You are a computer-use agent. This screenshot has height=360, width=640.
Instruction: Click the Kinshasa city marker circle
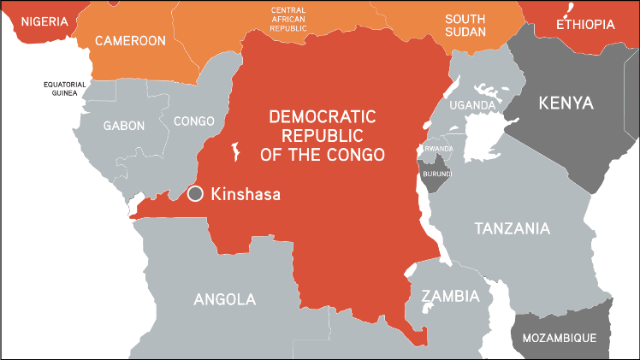196,194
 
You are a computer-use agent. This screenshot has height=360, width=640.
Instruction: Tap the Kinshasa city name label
246,194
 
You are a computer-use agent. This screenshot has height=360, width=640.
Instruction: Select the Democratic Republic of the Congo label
324,135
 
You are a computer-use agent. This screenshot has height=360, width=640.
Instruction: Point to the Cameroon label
130,40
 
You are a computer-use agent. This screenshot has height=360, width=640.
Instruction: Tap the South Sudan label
465,26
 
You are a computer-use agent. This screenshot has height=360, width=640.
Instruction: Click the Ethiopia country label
585,25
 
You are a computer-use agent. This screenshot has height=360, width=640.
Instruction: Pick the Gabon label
124,126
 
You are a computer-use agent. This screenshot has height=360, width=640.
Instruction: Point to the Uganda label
473,105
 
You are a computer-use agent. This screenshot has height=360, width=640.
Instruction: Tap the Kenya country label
565,103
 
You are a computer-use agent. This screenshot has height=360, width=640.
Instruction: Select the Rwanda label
437,147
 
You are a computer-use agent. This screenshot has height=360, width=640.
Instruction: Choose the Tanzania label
512,228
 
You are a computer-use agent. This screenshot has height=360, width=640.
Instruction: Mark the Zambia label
449,297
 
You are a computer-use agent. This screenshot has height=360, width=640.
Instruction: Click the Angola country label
224,299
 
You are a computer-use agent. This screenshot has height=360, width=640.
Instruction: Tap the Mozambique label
560,338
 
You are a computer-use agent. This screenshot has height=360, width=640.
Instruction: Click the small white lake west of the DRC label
234,152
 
